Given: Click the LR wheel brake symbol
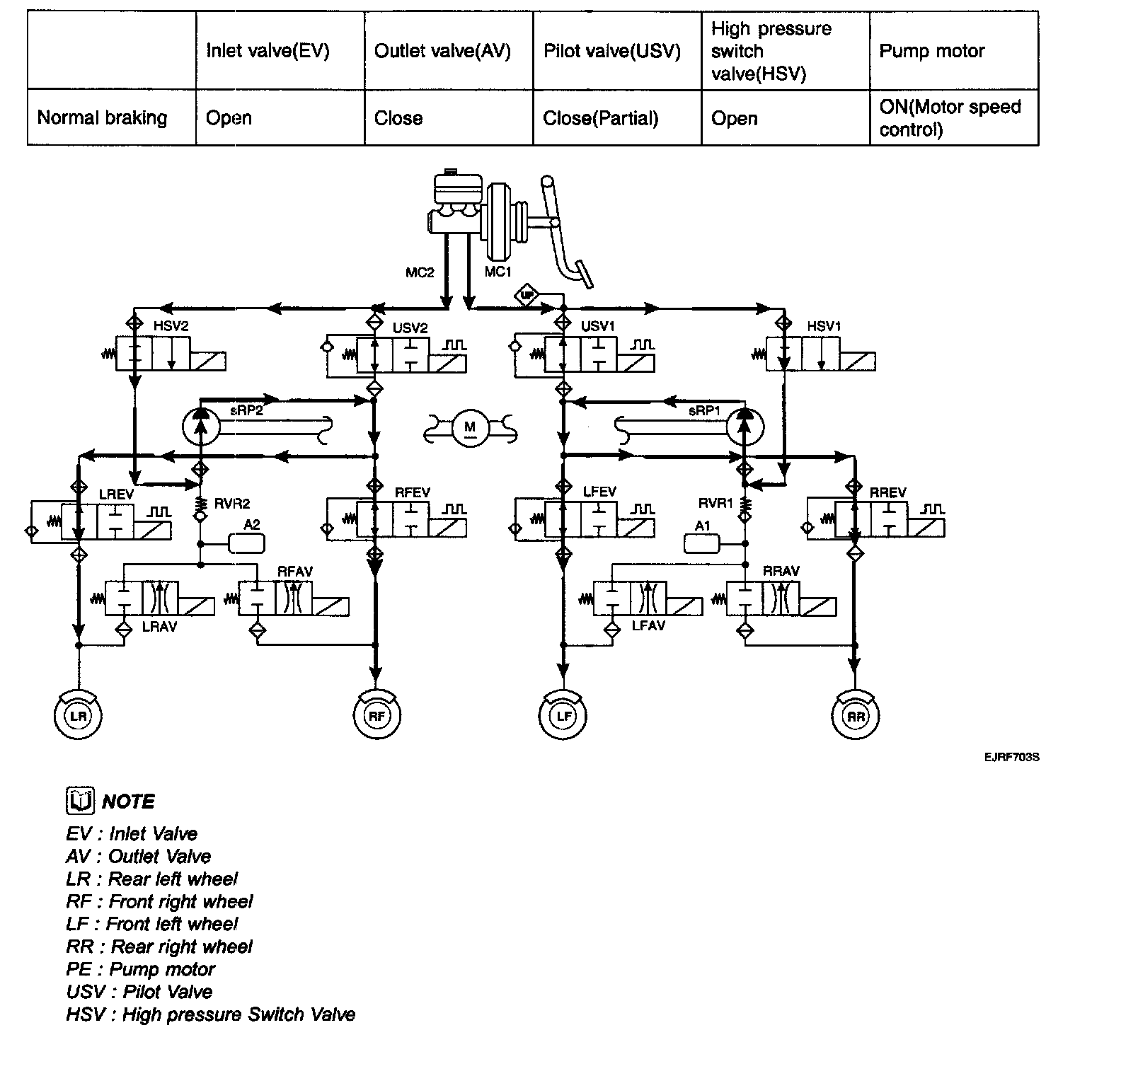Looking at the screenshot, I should pos(79,716).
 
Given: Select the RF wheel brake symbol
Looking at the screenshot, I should pos(377,716).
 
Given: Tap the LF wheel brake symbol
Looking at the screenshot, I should pos(563,716).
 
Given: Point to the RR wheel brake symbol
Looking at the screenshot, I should pos(856,716).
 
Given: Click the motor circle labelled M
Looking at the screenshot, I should pos(470,427).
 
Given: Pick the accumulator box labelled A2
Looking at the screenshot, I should pos(247,543).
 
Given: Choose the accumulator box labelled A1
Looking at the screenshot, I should pos(702,543).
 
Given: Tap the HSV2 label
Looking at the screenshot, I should pos(171,326).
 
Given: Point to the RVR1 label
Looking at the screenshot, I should pos(715,503).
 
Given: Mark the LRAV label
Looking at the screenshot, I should pos(159,626).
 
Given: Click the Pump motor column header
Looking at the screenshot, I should pos(931,51).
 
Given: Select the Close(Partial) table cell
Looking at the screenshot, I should pos(600,118).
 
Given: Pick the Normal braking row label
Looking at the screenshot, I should pos(102,117).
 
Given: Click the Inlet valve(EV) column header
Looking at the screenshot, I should pos(268,51).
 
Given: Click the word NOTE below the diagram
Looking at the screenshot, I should pos(128,801).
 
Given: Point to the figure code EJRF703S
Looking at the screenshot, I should pos(1011,757).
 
